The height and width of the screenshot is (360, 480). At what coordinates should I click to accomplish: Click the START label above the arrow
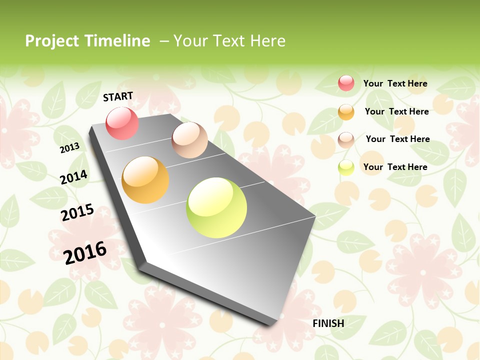[x=118, y=96]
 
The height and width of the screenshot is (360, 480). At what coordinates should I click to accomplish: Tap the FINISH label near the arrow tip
[x=328, y=323]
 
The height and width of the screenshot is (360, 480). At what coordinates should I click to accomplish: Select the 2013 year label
[x=69, y=147]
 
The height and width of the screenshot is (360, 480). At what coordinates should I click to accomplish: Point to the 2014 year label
[x=73, y=177]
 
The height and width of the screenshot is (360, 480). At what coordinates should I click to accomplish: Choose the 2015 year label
[x=77, y=212]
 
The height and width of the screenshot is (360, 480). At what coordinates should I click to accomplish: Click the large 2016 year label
[x=85, y=252]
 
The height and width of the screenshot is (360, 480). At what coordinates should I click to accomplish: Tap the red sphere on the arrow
[x=122, y=123]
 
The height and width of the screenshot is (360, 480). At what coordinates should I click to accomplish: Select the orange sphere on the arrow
[x=145, y=180]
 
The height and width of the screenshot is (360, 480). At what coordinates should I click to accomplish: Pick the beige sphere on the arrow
[x=189, y=140]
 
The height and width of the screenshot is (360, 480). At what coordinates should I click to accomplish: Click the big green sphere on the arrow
[x=216, y=207]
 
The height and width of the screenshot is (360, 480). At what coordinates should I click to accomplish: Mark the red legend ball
[x=346, y=83]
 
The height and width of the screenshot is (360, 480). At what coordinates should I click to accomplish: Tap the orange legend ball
[x=346, y=112]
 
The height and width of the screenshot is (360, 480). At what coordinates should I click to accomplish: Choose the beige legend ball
[x=346, y=139]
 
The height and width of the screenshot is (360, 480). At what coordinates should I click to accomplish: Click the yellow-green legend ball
[x=346, y=167]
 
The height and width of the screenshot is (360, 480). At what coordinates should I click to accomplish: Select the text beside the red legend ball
[x=395, y=83]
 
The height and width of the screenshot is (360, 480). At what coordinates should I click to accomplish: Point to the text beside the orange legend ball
[x=396, y=111]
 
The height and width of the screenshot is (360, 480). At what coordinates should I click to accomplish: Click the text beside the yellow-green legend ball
[x=395, y=167]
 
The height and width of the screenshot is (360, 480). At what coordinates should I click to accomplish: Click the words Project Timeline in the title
[x=87, y=41]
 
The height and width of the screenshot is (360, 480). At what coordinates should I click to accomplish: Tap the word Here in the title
[x=267, y=41]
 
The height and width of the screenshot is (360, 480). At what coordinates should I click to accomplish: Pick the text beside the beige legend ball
[x=397, y=139]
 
